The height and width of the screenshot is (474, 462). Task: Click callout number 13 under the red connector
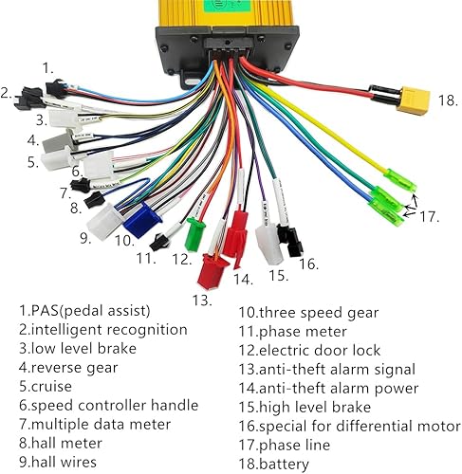coord(202,300)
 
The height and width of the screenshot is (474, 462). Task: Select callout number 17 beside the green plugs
coord(430,216)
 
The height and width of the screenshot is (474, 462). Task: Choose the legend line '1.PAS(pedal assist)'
coord(86,310)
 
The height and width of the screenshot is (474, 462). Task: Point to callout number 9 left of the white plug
coord(84,237)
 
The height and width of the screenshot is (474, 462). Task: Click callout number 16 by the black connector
coord(307,264)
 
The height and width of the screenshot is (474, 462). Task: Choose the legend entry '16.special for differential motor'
coord(348,426)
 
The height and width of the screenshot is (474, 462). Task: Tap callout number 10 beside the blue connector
coord(123,241)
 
